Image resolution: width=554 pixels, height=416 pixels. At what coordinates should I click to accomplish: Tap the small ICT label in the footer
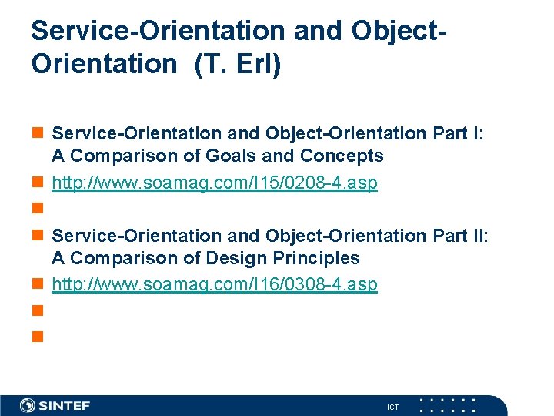click(393, 407)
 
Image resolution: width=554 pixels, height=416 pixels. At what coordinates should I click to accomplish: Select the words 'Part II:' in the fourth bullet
click(459, 235)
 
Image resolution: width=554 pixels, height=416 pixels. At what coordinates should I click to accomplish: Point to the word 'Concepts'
click(342, 156)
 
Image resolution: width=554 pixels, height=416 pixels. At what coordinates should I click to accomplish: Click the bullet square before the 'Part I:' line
click(37, 134)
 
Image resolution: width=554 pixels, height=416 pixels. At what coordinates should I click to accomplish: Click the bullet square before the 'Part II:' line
click(37, 236)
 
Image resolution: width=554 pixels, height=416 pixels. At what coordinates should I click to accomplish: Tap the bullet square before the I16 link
click(37, 286)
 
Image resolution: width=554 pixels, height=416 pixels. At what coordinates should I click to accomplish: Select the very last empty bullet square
click(37, 337)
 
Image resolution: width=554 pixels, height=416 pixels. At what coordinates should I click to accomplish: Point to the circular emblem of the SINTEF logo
click(28, 405)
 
